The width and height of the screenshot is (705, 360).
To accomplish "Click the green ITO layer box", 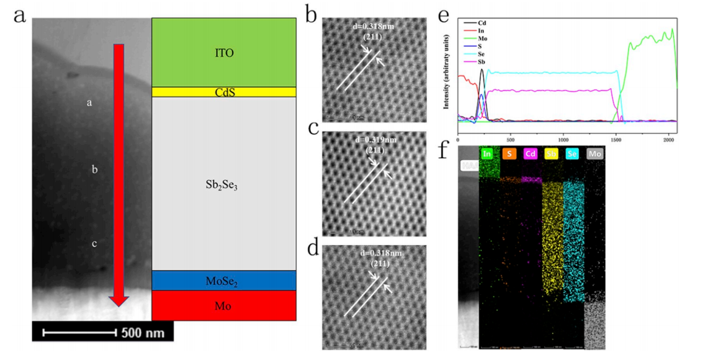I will [x=224, y=53].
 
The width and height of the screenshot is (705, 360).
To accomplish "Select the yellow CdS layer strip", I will [x=224, y=92].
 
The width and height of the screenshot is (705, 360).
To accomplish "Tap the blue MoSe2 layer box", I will [x=224, y=281].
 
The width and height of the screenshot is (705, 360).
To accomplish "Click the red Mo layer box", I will [x=224, y=305].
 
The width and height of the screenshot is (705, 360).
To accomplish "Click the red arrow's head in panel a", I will [x=119, y=300].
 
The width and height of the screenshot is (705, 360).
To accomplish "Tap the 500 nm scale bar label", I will [x=143, y=333].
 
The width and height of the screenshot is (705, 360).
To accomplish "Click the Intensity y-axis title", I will [x=446, y=72].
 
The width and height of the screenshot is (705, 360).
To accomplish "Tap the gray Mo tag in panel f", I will [x=595, y=153].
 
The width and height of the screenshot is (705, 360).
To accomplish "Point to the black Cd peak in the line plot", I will [x=482, y=71].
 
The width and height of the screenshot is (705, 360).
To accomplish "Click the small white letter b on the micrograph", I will [x=94, y=169].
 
